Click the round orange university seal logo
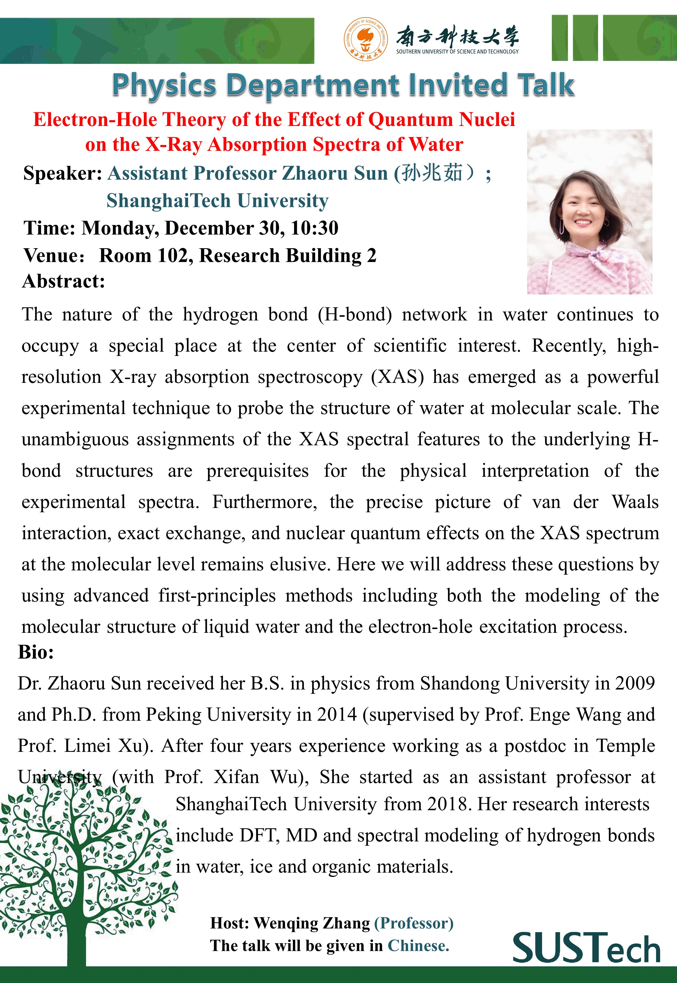click(x=365, y=39)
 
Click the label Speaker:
click(x=62, y=174)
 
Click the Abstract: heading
click(x=64, y=281)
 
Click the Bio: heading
click(x=36, y=652)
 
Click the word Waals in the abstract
click(x=635, y=502)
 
